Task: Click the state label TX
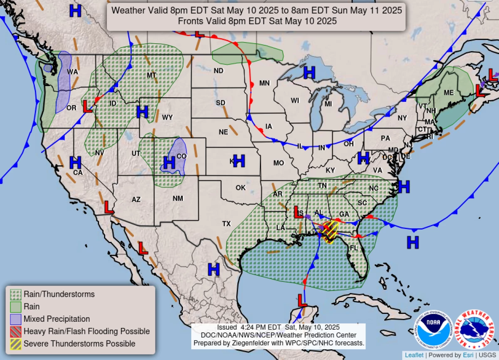click(x=226, y=224)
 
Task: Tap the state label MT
click(x=151, y=75)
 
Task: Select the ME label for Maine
click(x=449, y=92)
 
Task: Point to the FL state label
click(x=353, y=248)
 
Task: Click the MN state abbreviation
click(x=264, y=83)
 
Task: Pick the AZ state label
click(x=136, y=200)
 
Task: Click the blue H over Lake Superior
click(x=309, y=73)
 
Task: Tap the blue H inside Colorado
click(x=169, y=162)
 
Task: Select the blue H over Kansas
click(x=239, y=160)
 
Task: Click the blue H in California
click(x=75, y=162)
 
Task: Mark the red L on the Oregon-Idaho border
click(x=87, y=106)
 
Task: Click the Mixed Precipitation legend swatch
click(x=16, y=319)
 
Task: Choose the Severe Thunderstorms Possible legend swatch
click(x=16, y=344)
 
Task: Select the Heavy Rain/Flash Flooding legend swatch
click(x=16, y=331)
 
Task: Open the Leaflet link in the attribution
click(x=414, y=355)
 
